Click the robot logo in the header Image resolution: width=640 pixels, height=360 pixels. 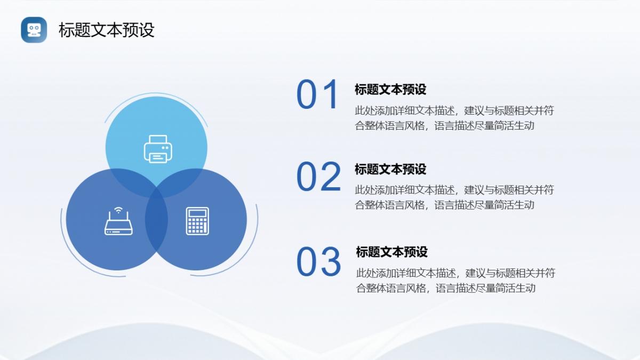34,30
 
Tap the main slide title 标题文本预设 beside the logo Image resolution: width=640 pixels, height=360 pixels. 107,30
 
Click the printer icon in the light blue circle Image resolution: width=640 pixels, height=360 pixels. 158,149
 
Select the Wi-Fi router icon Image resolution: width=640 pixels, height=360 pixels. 118,221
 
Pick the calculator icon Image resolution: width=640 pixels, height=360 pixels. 197,221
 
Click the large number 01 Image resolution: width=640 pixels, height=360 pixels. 317,94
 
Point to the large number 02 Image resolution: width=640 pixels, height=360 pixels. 318,177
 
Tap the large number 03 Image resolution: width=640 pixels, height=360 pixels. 318,262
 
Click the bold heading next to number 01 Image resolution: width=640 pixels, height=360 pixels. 390,90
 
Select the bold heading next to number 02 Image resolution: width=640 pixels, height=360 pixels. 390,169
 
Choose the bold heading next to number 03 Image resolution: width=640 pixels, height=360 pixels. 391,252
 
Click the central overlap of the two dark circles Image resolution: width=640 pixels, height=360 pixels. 156,219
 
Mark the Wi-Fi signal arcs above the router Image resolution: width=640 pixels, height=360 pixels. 118,210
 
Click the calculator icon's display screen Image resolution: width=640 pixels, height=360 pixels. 197,213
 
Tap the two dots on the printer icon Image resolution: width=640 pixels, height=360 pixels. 165,148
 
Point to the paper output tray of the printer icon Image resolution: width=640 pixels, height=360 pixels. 158,157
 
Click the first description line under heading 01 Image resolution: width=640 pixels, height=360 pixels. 454,110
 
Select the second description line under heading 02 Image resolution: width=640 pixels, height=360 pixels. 445,205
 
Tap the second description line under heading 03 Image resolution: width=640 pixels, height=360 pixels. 446,288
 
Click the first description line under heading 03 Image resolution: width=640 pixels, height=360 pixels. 455,273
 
